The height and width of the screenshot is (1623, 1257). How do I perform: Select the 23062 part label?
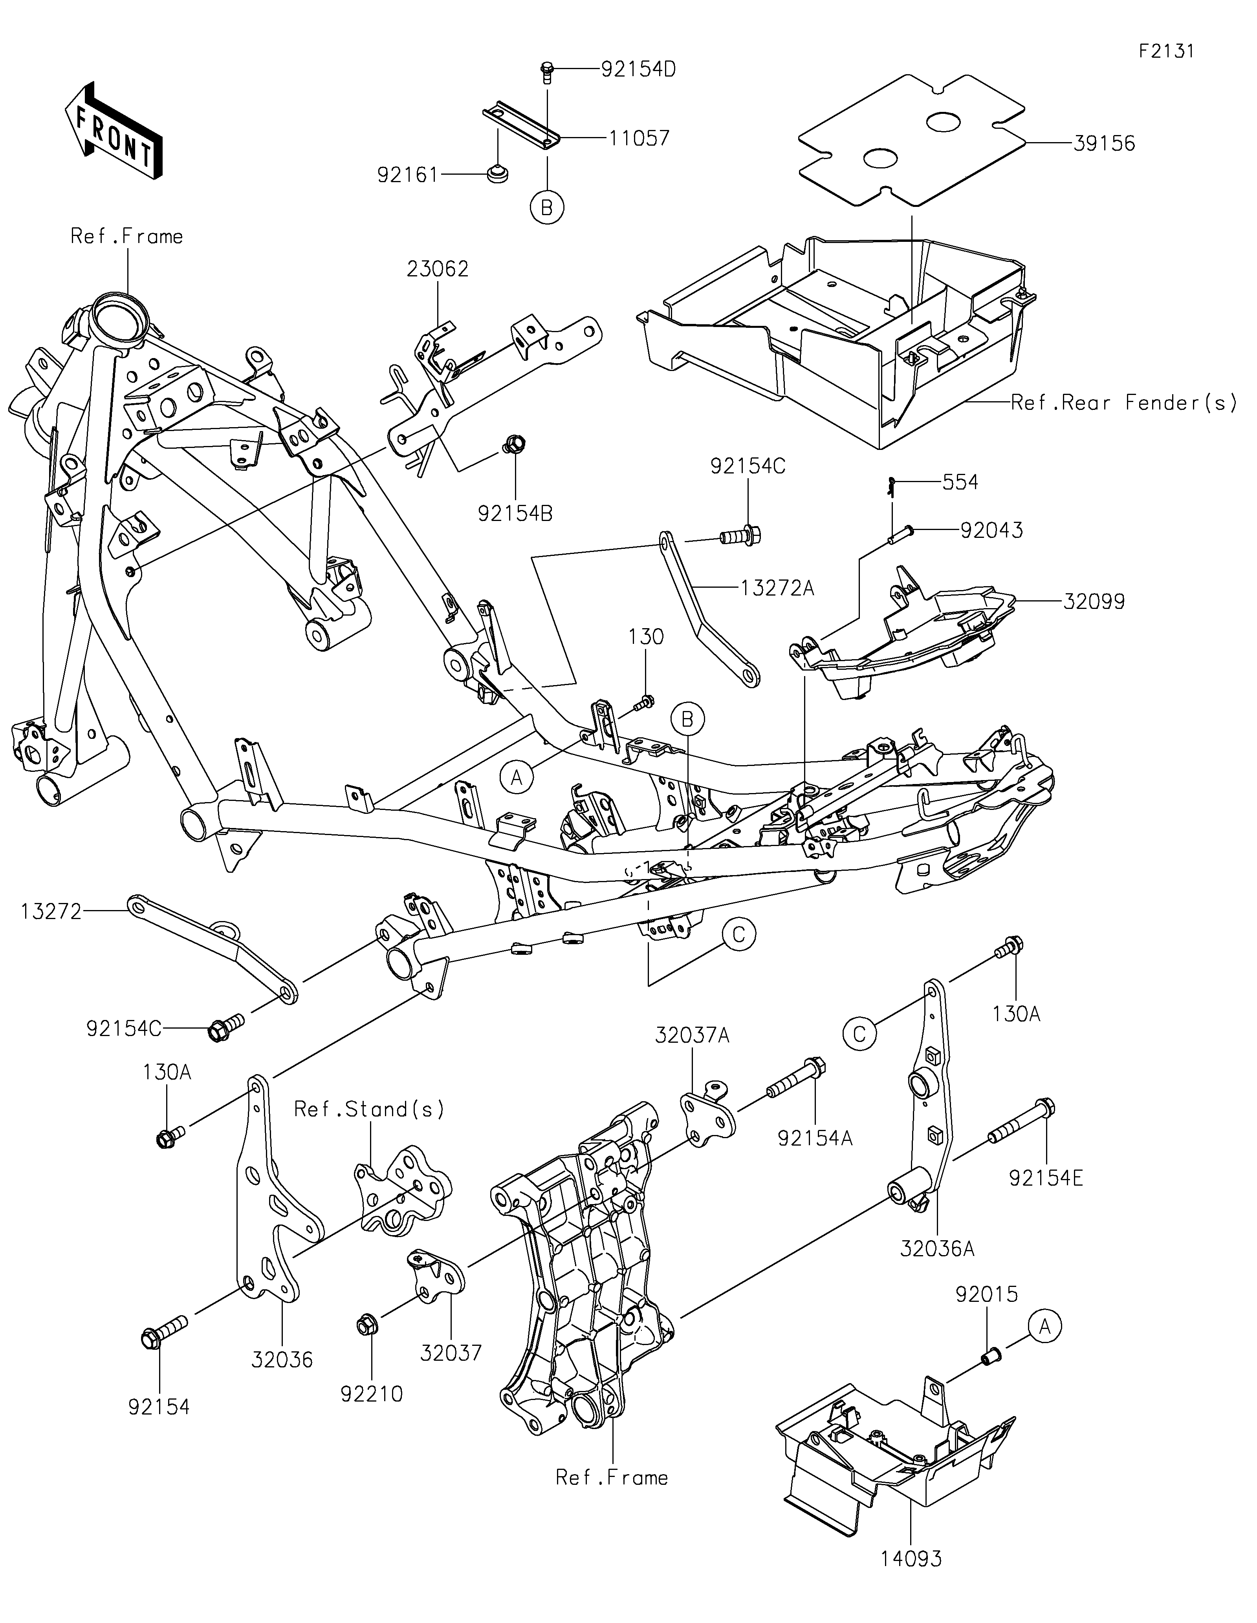(438, 269)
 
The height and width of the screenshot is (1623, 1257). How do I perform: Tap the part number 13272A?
(777, 589)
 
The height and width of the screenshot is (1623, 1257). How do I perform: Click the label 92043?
(991, 531)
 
